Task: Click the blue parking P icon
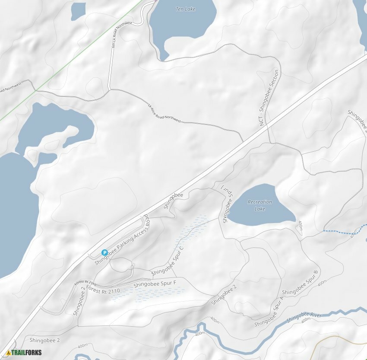pos(104,252)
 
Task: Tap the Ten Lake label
pos(186,9)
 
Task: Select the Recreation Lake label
pos(260,205)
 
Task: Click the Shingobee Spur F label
pos(155,284)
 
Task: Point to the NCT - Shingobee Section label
pos(269,98)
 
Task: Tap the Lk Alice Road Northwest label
pos(164,112)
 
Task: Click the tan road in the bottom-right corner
pos(328,341)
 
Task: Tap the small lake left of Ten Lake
pos(78,10)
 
